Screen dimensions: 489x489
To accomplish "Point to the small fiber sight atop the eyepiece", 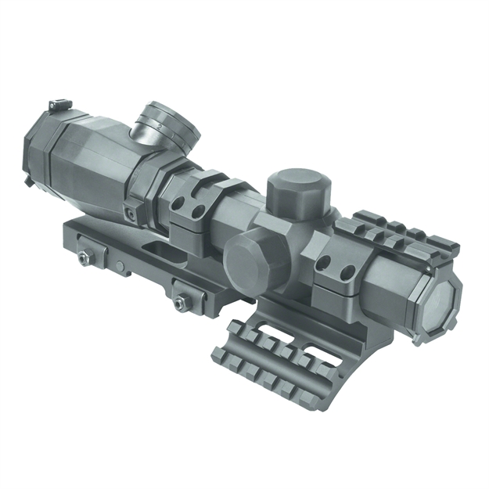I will [x=56, y=105].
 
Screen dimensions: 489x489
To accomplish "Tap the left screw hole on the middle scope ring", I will [x=179, y=205].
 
